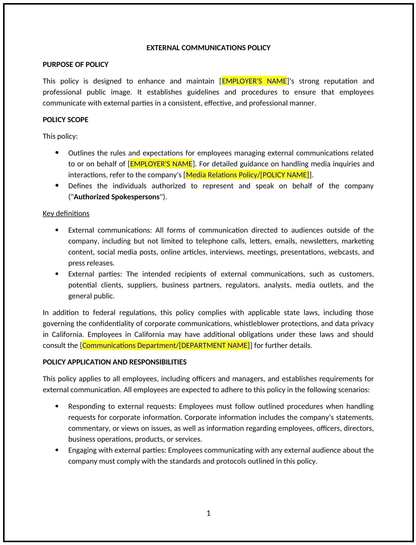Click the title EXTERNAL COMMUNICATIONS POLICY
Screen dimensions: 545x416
tap(208, 48)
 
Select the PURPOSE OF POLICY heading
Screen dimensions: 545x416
tap(76, 64)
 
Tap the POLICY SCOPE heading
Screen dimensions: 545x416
tap(65, 120)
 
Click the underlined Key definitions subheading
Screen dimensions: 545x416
tap(66, 213)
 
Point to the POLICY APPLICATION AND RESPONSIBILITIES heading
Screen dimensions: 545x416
tap(115, 362)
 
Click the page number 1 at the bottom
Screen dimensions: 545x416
tap(208, 513)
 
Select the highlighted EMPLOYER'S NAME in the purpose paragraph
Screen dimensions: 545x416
tap(254, 81)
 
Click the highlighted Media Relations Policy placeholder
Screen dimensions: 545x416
tap(247, 175)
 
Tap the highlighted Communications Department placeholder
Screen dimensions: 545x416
tap(166, 345)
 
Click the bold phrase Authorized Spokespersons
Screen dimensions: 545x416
tap(117, 197)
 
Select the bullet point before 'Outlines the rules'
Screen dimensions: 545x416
tap(57, 153)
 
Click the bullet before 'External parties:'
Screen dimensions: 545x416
tap(57, 274)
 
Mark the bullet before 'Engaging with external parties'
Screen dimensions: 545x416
tap(57, 450)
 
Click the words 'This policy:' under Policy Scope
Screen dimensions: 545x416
tap(60, 136)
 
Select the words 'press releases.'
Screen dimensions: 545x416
tap(91, 263)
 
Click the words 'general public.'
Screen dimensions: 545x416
tap(91, 296)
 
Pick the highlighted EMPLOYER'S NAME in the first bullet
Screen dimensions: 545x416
tap(161, 164)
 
